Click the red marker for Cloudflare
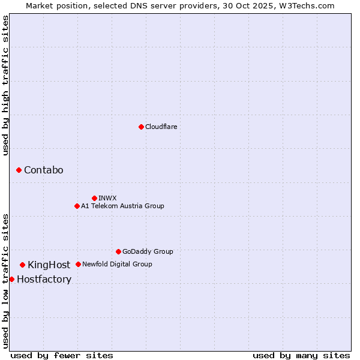point(141,127)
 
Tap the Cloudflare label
point(161,127)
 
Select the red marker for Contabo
point(19,170)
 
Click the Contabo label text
point(43,170)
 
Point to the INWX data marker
point(94,198)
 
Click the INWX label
point(107,198)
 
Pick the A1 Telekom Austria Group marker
point(77,206)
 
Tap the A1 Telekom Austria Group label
point(122,206)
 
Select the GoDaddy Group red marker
point(118,251)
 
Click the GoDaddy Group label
point(148,251)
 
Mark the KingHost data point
point(22,265)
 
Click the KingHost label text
point(49,265)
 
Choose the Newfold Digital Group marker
point(78,264)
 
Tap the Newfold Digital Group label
point(117,264)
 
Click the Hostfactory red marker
point(11,279)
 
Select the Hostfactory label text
point(44,280)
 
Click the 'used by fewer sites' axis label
point(62,355)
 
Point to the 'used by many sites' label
point(301,355)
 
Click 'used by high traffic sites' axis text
point(6,85)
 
